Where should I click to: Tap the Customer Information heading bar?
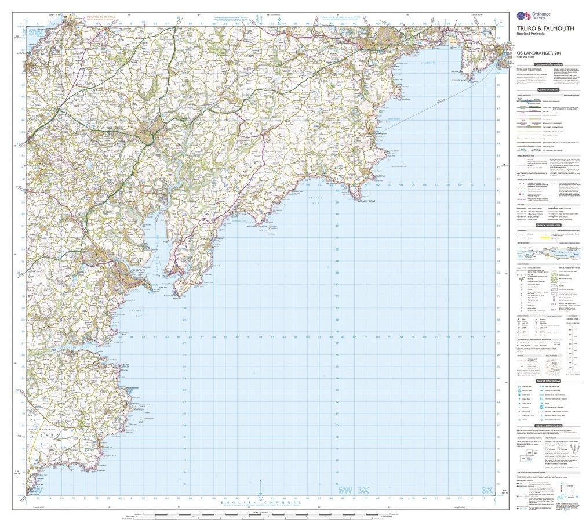click(x=548, y=64)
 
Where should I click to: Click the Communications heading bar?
click(x=548, y=90)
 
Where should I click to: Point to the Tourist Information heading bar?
click(x=548, y=381)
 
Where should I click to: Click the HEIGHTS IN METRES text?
click(x=99, y=16)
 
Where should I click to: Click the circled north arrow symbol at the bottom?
click(x=260, y=496)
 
